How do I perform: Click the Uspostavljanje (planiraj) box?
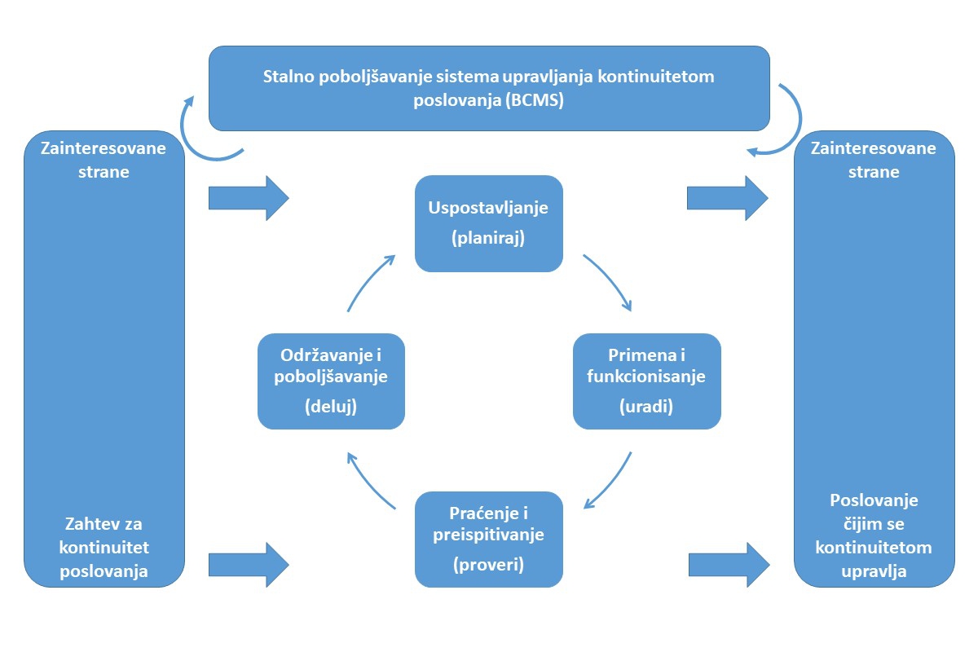click(x=488, y=222)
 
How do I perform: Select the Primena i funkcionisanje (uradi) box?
click(x=646, y=381)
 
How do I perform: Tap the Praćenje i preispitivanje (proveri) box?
click(x=488, y=539)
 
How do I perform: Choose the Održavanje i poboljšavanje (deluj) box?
click(x=331, y=381)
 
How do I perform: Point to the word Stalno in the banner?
click(x=284, y=77)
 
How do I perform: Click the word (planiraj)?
click(x=488, y=240)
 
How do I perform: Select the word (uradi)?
click(x=646, y=407)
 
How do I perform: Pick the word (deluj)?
click(x=331, y=407)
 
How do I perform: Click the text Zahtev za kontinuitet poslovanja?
click(x=105, y=548)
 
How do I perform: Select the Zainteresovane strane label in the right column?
click(x=874, y=161)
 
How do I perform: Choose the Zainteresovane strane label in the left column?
click(x=105, y=161)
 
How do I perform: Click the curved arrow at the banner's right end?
click(x=789, y=121)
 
